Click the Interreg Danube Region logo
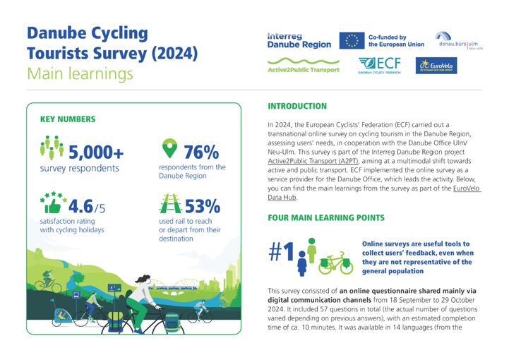click(x=299, y=40)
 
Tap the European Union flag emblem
click(x=351, y=41)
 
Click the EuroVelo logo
click(x=438, y=66)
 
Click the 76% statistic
click(x=201, y=151)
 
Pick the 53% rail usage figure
click(x=202, y=206)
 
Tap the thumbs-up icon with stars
click(x=52, y=203)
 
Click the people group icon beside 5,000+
click(x=52, y=148)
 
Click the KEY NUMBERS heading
click(x=68, y=119)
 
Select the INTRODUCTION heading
click(x=297, y=106)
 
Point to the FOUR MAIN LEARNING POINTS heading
click(x=326, y=218)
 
